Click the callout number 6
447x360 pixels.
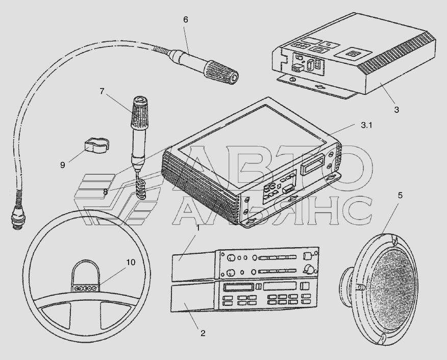(186, 20)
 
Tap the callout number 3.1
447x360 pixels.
(366, 125)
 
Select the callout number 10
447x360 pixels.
(131, 262)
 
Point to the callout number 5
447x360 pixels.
(400, 196)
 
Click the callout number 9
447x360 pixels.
(63, 165)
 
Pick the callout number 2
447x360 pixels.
(203, 333)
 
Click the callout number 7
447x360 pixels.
(102, 91)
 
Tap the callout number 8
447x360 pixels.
(106, 192)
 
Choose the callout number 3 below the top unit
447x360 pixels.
(396, 110)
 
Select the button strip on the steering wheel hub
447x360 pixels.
(85, 289)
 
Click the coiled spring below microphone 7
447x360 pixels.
(140, 189)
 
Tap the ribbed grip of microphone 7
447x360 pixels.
(139, 112)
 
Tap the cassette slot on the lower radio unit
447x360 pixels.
(238, 287)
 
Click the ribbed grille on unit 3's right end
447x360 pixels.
(398, 53)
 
